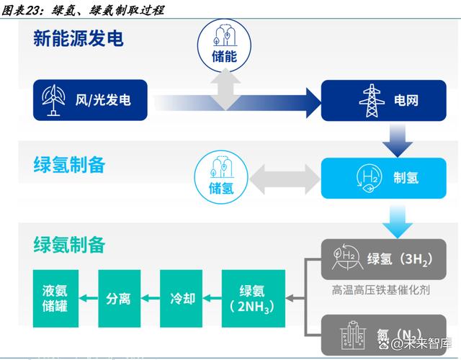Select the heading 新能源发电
79,38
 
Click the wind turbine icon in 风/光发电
54,101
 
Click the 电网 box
388,101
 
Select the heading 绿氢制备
69,165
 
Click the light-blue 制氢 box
388,178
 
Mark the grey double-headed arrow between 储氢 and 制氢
285,177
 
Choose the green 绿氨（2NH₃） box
253,298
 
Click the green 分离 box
118,298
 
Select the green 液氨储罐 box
54,298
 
